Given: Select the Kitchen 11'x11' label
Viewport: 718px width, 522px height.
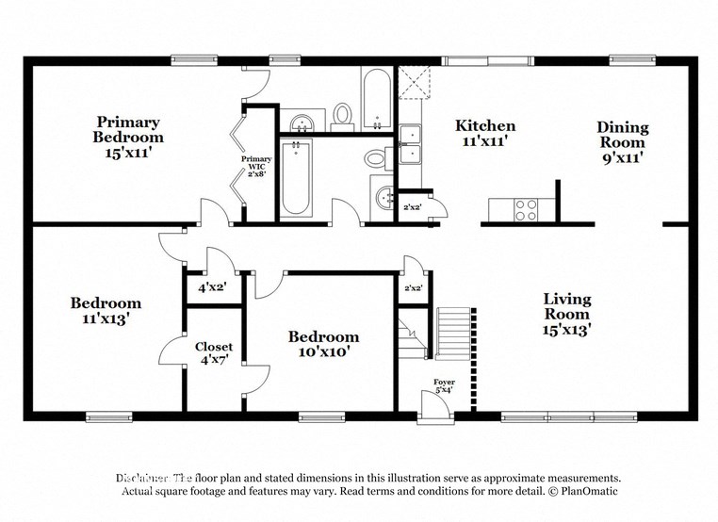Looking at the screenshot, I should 485,133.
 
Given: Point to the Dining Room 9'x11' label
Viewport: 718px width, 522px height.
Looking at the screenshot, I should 622,142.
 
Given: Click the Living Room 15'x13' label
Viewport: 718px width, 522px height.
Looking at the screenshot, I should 566,315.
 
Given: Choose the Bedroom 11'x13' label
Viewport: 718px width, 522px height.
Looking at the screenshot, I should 106,310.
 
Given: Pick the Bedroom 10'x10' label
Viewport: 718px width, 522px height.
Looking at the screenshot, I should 323,344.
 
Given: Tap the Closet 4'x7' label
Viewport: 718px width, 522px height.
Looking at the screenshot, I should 214,352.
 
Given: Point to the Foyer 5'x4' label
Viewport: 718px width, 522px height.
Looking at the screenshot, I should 443,385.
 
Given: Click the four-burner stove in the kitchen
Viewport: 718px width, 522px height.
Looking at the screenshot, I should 525,209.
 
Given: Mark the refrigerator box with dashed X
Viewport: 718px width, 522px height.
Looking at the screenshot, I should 412,83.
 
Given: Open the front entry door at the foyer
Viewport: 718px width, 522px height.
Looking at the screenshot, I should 435,406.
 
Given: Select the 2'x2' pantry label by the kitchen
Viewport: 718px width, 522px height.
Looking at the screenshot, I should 412,207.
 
